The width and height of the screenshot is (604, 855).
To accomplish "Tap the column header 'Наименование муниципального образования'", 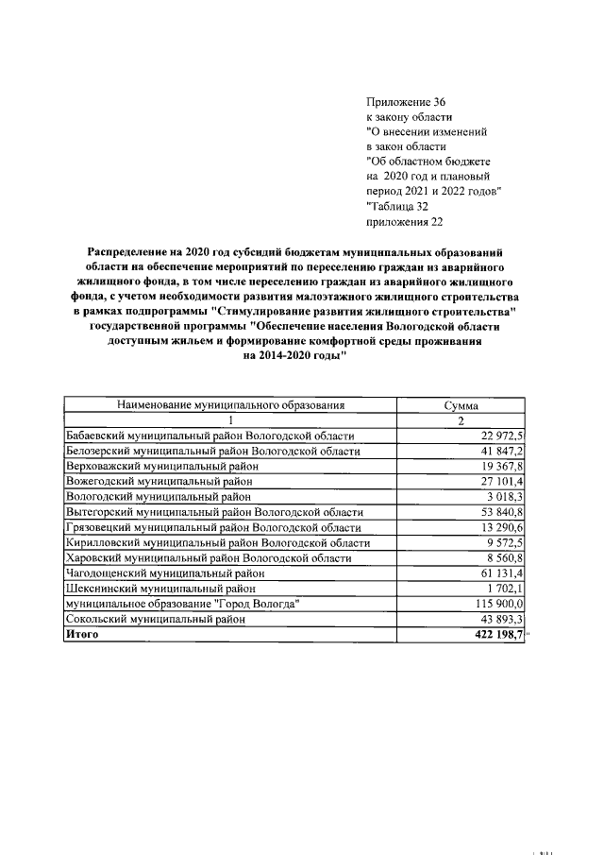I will point(229,405).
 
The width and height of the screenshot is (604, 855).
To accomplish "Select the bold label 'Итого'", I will point(82,634).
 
